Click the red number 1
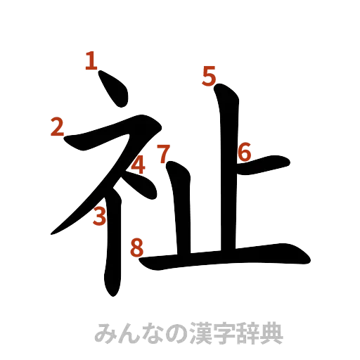(x=90, y=62)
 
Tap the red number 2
(x=58, y=127)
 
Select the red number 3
(x=101, y=217)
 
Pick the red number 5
(x=209, y=75)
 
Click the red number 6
(x=245, y=151)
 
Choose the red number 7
(x=163, y=153)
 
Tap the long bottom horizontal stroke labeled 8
(x=232, y=257)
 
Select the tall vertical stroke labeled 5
(x=226, y=169)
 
